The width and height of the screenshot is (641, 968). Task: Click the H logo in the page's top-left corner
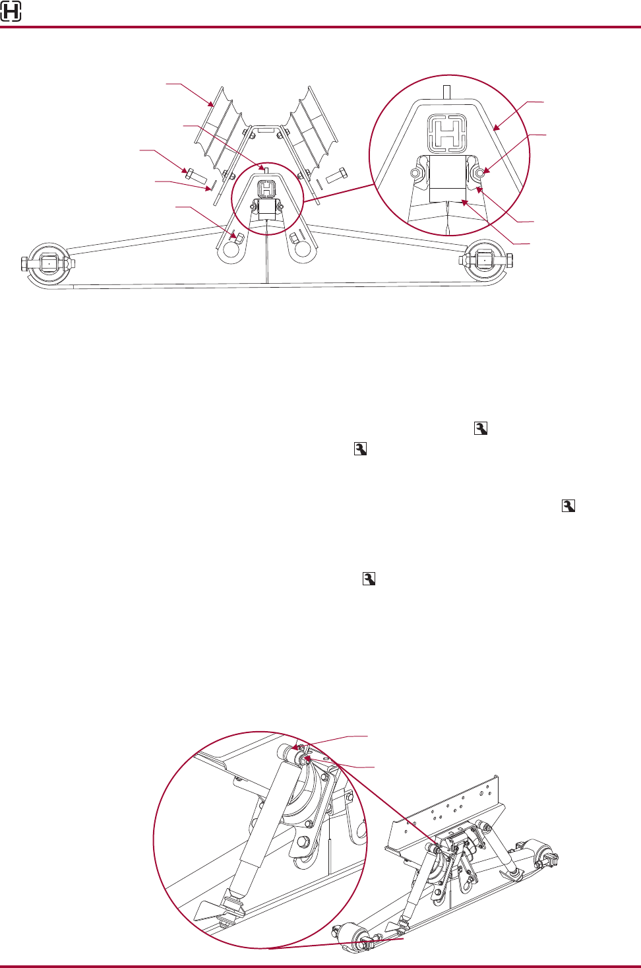11,11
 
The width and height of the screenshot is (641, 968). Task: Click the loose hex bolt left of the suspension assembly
196,176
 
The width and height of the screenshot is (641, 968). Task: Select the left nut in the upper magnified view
415,174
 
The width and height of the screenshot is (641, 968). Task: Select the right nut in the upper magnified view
482,173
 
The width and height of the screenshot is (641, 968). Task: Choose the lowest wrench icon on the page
369,579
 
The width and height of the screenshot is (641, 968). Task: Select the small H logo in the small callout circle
266,189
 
